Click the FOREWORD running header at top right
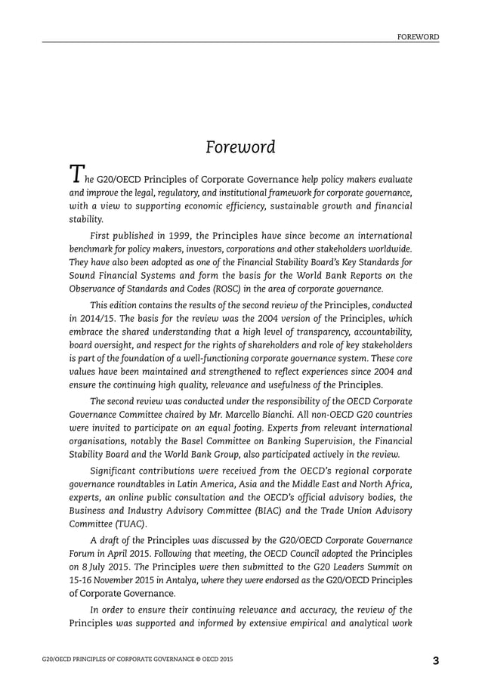(419, 36)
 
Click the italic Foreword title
(241, 147)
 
